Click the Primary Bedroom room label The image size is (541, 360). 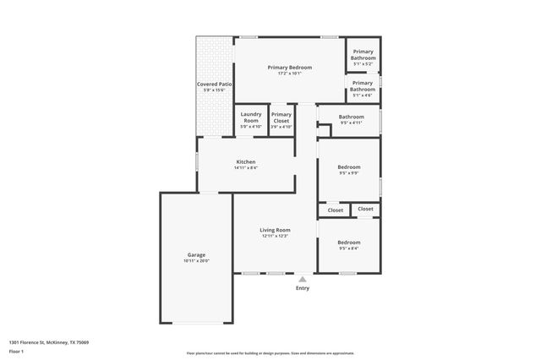pos(290,68)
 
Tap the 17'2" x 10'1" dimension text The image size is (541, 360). pos(290,74)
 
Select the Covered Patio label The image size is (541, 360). pos(214,85)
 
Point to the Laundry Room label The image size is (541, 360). pos(250,117)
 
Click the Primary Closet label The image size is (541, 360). pos(281,117)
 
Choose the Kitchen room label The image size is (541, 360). pos(245,161)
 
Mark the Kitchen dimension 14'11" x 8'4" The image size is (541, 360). pos(245,167)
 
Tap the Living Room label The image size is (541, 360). pos(275,230)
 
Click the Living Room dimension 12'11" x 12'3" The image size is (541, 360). pos(275,236)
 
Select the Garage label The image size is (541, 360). pos(196,254)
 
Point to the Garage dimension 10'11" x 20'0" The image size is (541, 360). pos(196,260)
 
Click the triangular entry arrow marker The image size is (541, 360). pos(302,278)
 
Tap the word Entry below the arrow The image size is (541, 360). pos(302,288)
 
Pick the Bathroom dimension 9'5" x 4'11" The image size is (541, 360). pos(351,123)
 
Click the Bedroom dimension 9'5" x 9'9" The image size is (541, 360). pos(349,173)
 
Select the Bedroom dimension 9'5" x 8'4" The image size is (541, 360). pos(349,248)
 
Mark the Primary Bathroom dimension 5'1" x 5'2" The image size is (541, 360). pos(363,63)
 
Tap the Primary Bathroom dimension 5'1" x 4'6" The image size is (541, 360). pos(363,95)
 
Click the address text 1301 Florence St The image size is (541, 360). pos(48,342)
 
